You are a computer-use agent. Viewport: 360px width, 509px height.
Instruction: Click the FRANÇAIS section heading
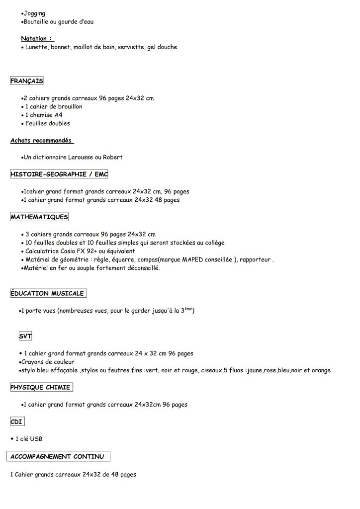tap(27, 81)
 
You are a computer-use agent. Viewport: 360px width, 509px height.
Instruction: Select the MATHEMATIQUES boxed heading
tap(39, 217)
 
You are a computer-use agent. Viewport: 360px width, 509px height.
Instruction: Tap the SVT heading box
tap(25, 337)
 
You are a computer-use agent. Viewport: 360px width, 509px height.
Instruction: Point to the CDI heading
tap(17, 422)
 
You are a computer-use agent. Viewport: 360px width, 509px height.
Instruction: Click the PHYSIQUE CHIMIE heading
tap(41, 387)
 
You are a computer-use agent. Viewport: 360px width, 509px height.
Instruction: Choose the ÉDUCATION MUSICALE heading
tap(48, 293)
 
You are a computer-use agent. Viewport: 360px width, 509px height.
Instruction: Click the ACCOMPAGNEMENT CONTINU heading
tap(58, 456)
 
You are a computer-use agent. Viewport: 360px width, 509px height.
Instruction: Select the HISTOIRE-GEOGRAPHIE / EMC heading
tap(59, 174)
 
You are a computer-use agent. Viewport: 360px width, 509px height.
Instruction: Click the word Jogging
tap(35, 13)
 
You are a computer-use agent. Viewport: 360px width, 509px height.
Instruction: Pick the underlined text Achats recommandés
tap(41, 140)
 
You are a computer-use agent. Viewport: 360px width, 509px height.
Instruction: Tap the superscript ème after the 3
tap(188, 309)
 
